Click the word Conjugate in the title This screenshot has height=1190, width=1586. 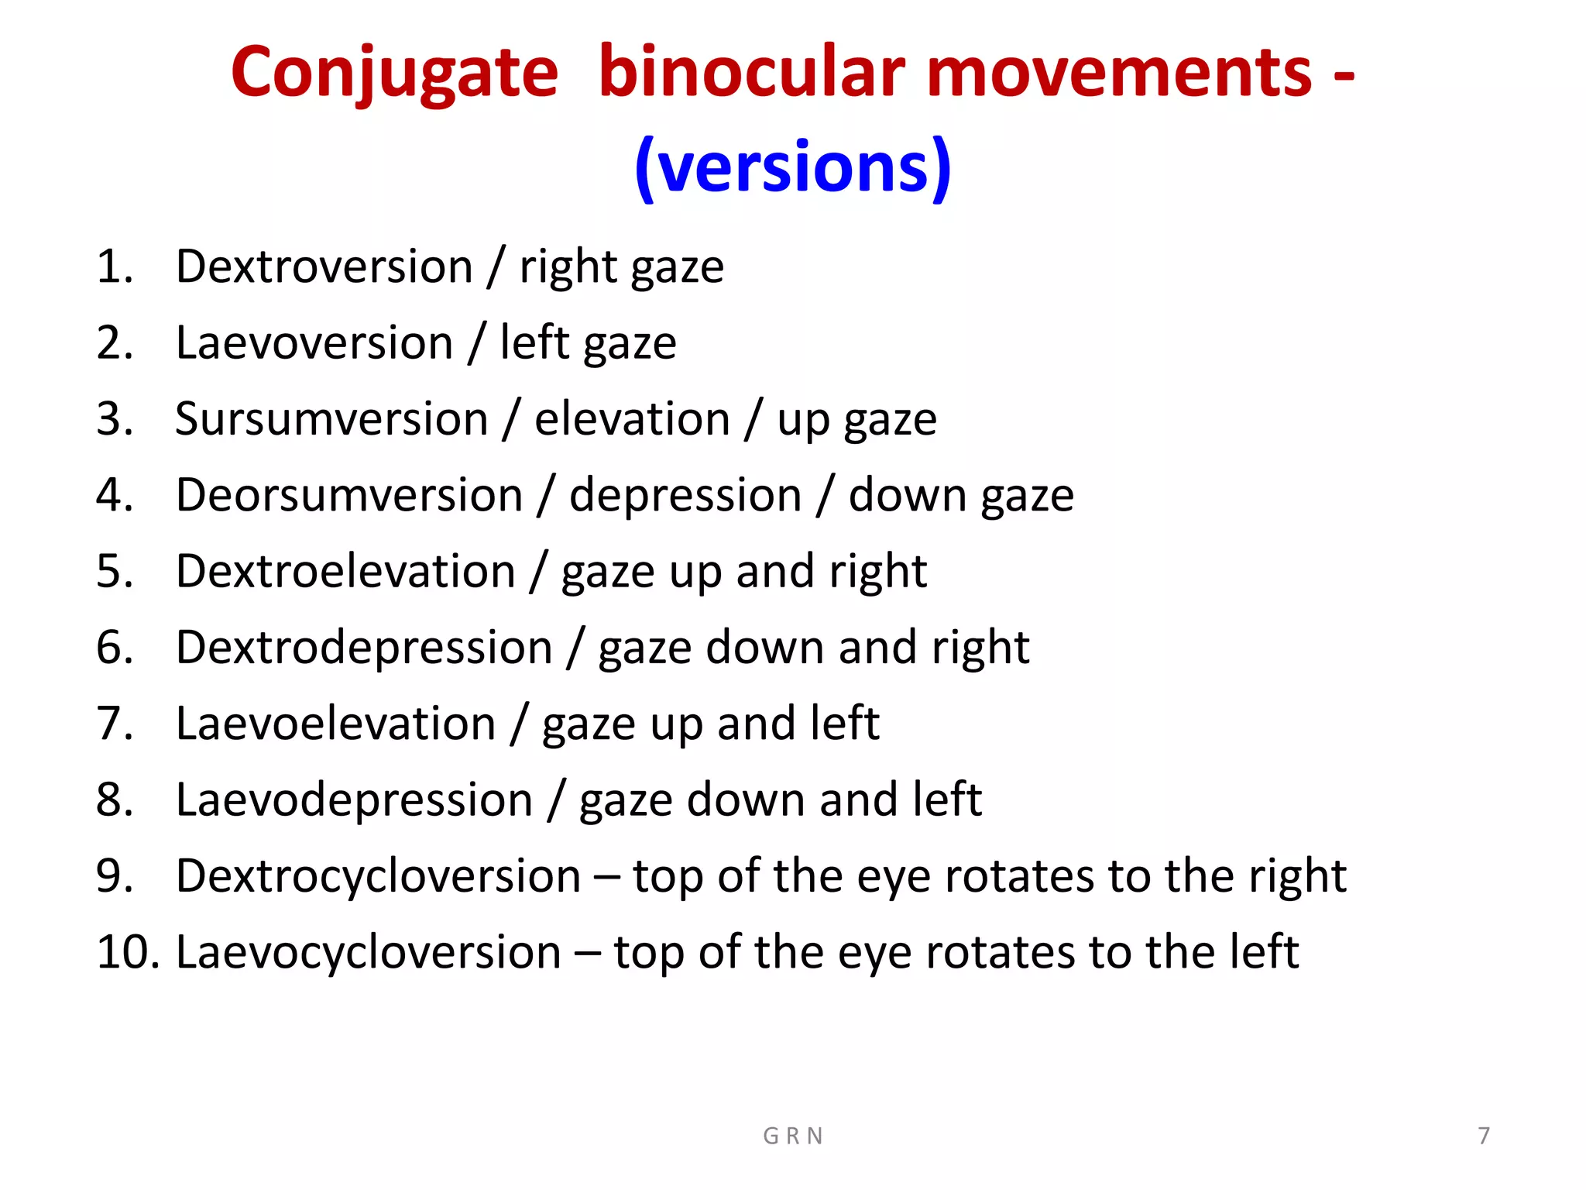(394, 74)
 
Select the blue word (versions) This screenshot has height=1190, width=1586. (792, 167)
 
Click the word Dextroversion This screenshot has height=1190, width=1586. (324, 267)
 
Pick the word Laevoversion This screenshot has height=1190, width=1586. (314, 342)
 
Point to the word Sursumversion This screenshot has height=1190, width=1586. (331, 419)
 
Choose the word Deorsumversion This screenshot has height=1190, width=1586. (349, 495)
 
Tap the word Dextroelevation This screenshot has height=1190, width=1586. (345, 571)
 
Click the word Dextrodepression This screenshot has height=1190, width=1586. (364, 648)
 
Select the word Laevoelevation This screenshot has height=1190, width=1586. (335, 724)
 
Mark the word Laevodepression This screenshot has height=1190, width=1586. (354, 800)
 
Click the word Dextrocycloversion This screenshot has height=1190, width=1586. (378, 876)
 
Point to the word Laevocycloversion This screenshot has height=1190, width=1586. (368, 952)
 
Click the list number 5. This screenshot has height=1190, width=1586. (115, 571)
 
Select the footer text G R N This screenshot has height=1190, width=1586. (792, 1136)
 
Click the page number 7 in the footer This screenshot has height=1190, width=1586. (1483, 1136)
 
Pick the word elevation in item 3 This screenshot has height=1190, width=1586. (632, 419)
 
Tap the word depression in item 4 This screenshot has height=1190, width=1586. (685, 495)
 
